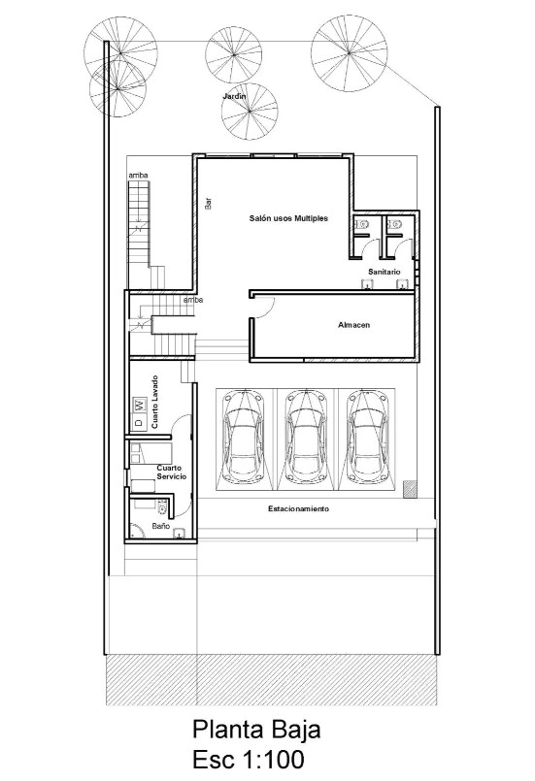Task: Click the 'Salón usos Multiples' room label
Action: [288, 219]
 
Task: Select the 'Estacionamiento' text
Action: [298, 508]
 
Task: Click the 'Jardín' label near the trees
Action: [234, 97]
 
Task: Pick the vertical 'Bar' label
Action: [208, 204]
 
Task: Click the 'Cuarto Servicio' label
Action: [172, 472]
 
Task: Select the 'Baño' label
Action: [161, 526]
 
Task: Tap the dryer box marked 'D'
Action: [139, 423]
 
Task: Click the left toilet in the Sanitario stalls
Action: [362, 224]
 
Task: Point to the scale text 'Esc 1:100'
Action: [255, 759]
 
